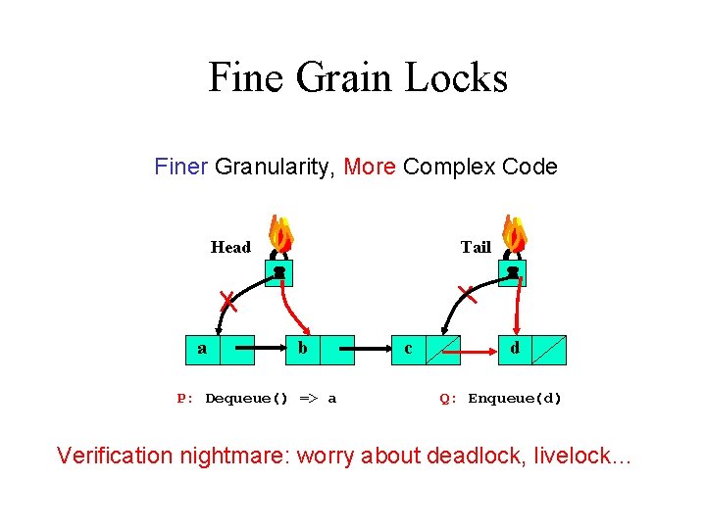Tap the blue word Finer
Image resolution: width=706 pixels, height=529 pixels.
180,167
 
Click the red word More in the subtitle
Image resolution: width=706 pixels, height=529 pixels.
370,167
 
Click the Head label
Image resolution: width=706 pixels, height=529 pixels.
230,247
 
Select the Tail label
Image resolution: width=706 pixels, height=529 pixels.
476,247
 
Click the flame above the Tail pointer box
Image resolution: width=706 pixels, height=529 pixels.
514,235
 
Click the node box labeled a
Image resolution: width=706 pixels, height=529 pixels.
221,349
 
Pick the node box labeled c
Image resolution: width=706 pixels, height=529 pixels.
426,349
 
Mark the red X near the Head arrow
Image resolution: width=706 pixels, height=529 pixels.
227,299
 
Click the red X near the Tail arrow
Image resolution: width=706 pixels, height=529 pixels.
468,291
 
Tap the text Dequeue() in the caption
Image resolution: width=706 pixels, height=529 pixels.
247,399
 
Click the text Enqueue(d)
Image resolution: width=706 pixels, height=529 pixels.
515,399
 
